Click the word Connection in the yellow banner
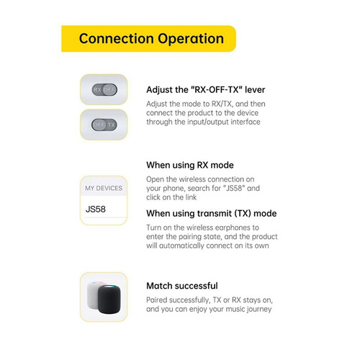click(116, 38)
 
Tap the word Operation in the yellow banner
click(191, 39)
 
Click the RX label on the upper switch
click(97, 90)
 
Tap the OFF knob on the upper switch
click(109, 90)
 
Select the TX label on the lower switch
click(111, 125)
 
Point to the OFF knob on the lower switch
click(99, 125)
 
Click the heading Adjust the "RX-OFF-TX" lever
click(206, 90)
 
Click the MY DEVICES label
click(104, 188)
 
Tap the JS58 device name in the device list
click(96, 209)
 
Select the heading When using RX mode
click(190, 165)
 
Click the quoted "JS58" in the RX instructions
click(234, 188)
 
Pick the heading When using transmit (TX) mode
click(212, 213)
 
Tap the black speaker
click(109, 300)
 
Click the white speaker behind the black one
click(93, 295)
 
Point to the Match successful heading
click(182, 286)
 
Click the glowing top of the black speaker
click(109, 287)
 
